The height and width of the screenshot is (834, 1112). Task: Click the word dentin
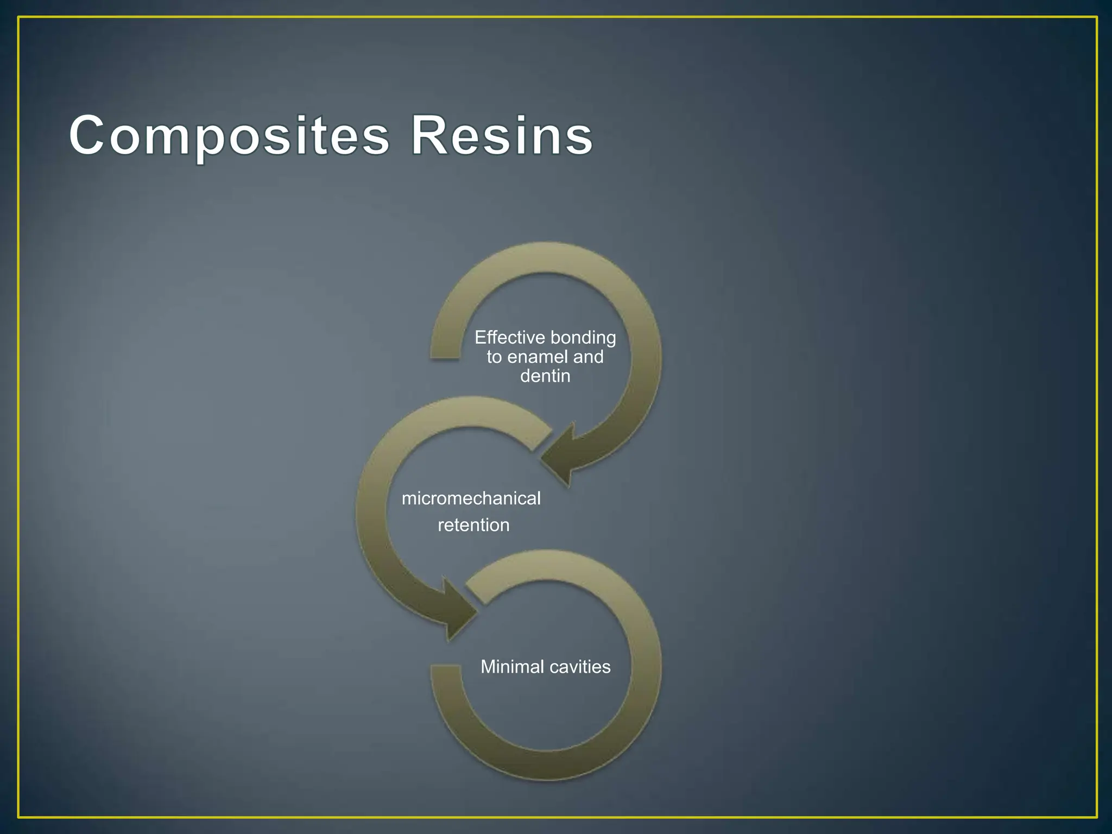point(545,376)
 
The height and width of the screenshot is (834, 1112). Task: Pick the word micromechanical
point(471,498)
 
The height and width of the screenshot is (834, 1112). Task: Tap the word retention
point(473,525)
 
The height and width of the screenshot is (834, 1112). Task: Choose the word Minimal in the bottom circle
point(511,667)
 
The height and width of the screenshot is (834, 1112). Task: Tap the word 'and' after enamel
point(588,357)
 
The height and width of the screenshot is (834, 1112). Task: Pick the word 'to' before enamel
point(494,357)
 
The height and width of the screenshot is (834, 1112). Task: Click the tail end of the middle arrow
point(538,437)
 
